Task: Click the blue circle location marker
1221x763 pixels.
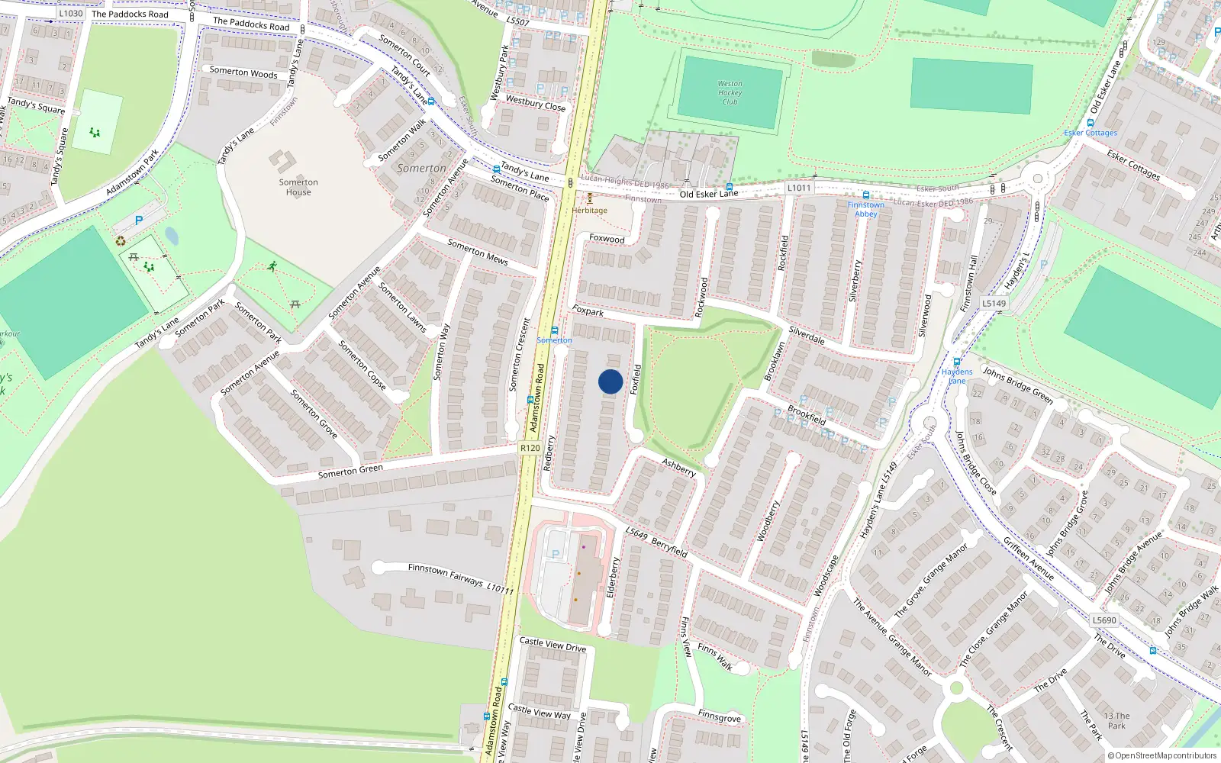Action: click(610, 381)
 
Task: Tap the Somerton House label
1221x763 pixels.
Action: click(298, 187)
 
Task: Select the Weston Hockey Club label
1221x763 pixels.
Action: click(730, 92)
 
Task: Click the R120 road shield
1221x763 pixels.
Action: click(530, 448)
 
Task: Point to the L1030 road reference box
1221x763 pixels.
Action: click(70, 13)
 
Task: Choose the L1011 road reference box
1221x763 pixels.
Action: click(799, 188)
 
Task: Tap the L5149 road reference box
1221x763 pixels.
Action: click(994, 303)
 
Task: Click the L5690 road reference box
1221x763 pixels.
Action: click(1104, 620)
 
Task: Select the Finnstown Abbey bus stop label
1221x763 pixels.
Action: click(866, 209)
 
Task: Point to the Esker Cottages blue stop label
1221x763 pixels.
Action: click(1091, 133)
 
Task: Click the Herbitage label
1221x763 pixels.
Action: click(590, 211)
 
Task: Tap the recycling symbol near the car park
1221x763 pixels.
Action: click(121, 241)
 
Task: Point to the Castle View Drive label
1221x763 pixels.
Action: click(553, 645)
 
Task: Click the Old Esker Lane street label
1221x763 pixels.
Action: click(709, 194)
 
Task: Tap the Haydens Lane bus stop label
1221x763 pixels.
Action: click(957, 376)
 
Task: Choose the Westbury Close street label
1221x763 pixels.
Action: click(536, 103)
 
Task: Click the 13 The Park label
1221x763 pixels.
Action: click(1116, 720)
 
